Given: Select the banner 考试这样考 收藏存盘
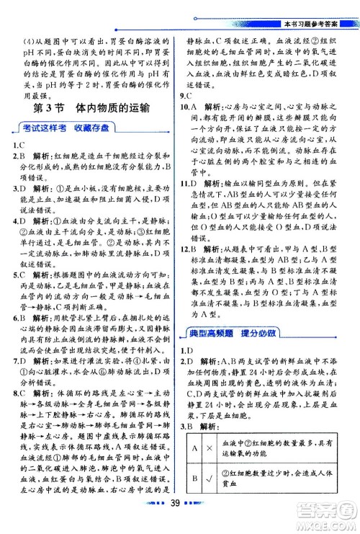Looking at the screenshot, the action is coord(66,128).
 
